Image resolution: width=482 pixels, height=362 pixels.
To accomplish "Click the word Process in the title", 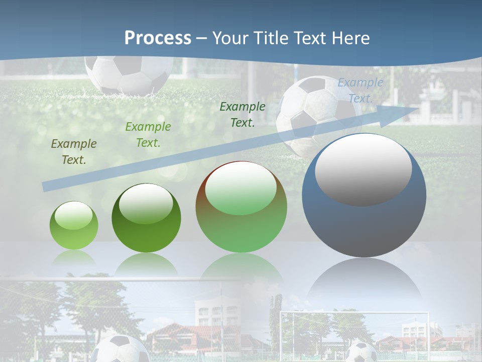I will click(158, 38).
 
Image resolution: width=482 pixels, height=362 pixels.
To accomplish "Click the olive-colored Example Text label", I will click(74, 152).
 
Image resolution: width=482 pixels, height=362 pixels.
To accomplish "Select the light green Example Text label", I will click(148, 135).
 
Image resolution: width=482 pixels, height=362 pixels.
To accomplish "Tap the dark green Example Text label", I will click(243, 114).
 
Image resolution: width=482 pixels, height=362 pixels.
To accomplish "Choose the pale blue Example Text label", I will click(360, 90).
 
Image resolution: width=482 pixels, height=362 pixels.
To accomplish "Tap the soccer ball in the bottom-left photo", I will click(120, 349).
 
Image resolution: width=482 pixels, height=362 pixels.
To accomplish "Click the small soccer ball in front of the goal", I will click(362, 352).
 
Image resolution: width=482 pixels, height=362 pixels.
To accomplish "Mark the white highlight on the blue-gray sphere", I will click(363, 168).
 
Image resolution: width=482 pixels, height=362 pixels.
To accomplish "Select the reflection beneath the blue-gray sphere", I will click(364, 282).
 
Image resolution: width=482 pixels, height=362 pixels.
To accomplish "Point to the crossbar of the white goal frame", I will click(354, 313).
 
